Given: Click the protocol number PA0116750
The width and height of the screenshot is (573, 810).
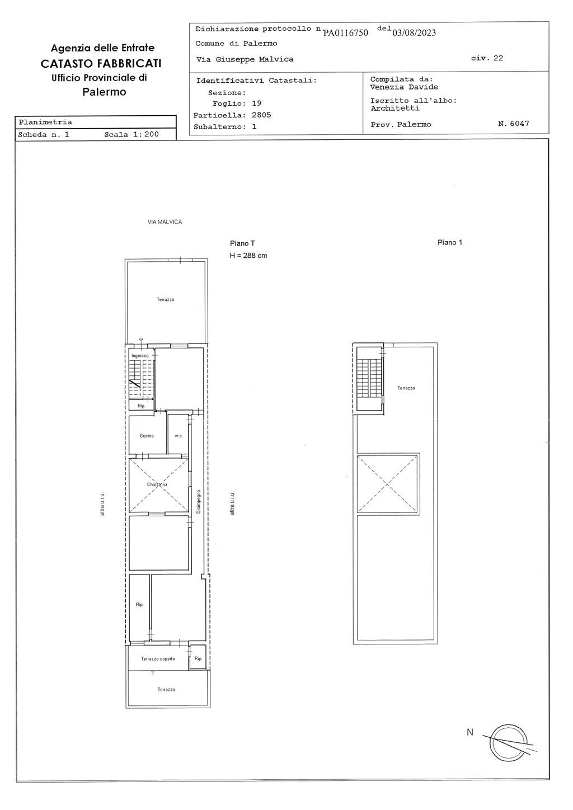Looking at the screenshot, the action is click(345, 33).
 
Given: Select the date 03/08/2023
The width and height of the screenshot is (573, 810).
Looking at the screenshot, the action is click(414, 32).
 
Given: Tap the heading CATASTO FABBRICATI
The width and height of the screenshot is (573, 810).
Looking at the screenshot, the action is click(101, 64).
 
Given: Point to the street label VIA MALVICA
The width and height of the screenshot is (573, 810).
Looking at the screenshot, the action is click(165, 222).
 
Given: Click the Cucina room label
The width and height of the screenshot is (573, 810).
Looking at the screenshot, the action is click(147, 436).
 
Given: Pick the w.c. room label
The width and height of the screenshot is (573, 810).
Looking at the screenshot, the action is click(179, 436).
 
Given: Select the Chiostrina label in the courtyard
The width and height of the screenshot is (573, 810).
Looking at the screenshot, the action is click(157, 484).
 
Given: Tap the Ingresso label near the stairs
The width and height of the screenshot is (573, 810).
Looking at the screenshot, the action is click(140, 355).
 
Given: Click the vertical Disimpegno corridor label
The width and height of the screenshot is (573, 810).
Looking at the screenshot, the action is click(198, 502).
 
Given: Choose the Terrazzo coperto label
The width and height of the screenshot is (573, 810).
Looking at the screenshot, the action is click(158, 658).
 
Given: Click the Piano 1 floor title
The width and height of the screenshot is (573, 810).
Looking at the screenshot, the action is click(450, 242).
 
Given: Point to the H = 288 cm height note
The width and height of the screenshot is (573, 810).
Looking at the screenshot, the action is click(248, 255).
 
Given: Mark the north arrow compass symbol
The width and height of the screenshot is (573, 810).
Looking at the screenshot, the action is click(509, 743).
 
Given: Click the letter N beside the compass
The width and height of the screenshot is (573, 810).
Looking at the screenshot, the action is click(470, 732).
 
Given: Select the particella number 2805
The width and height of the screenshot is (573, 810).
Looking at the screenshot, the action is click(261, 115).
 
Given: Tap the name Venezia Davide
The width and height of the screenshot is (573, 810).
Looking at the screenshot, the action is click(404, 87).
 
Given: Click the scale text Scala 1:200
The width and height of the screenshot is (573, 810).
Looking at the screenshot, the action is click(131, 134).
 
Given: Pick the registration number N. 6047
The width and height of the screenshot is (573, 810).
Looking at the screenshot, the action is click(513, 123).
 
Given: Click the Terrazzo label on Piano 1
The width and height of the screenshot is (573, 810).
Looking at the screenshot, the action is click(406, 388).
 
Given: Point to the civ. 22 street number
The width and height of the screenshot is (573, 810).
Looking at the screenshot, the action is click(487, 58).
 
